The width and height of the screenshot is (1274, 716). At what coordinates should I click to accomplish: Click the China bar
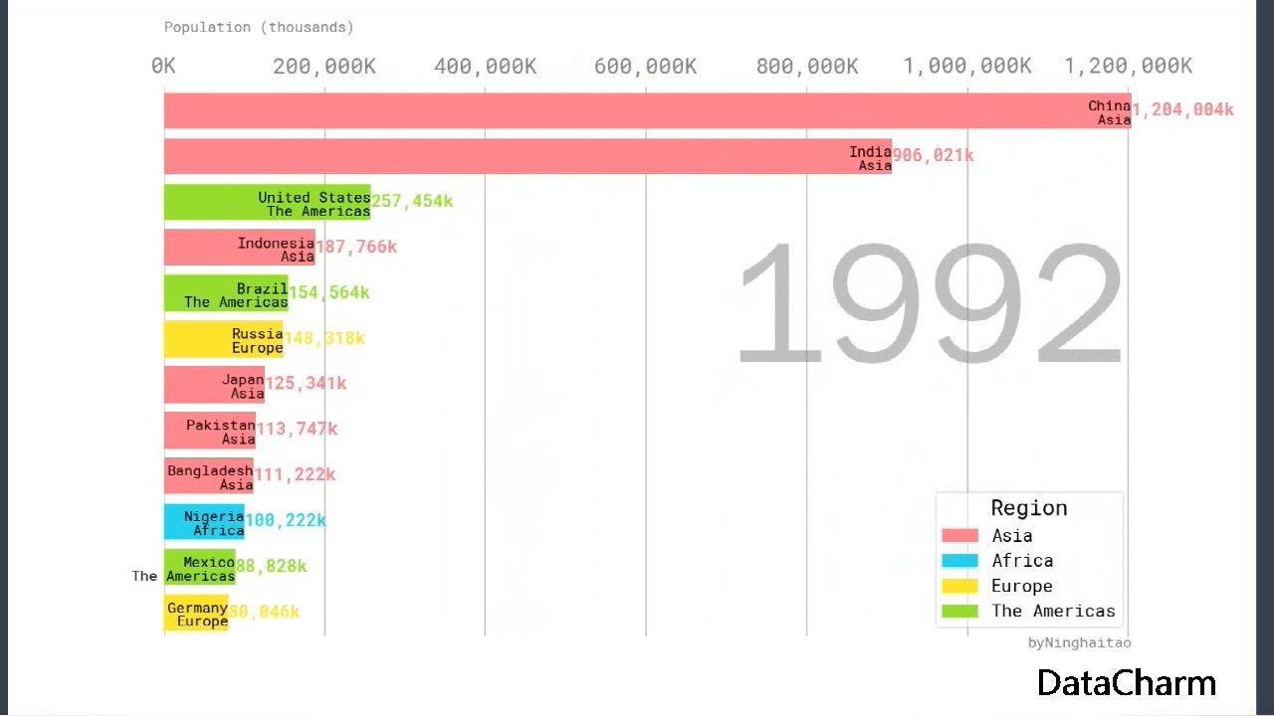coord(647,110)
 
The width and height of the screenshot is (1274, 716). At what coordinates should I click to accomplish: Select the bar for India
coord(528,156)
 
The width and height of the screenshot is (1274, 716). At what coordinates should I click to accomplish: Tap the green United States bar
coord(267,202)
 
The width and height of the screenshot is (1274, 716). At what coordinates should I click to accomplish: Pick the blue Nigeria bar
coord(204,521)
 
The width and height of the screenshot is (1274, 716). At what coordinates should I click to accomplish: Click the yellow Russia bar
coord(223,339)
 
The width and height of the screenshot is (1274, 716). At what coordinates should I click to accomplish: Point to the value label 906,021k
coord(933,156)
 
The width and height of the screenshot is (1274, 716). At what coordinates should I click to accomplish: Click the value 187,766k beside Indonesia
coord(356,247)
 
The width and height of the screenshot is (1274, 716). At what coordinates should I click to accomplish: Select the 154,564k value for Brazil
coord(329,292)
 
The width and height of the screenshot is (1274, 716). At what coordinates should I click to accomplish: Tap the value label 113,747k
coord(298,430)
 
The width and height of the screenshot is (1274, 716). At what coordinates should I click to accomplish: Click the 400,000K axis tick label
coord(486,67)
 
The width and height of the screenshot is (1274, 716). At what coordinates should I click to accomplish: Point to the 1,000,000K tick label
coord(967,67)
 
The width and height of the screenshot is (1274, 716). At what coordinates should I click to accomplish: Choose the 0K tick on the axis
coord(164,67)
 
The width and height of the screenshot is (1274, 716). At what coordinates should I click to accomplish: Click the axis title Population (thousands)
coord(259,27)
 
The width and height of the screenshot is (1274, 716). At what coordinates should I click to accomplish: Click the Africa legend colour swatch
coord(959,561)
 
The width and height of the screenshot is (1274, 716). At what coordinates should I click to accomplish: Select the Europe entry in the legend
coord(1021,586)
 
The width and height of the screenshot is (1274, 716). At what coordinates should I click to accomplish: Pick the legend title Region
coord(1029,508)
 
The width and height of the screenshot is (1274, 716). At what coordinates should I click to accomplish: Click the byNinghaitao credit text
coord(1079,642)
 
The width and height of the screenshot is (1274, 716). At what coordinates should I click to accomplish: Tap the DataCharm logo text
coord(1126,683)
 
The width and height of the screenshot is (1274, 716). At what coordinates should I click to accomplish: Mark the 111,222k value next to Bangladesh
coord(296,475)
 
